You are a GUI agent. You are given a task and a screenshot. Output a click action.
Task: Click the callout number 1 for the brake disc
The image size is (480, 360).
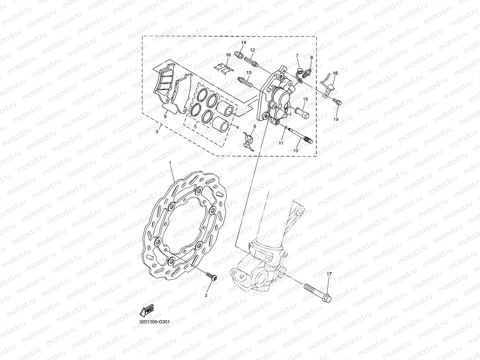pos(170,162)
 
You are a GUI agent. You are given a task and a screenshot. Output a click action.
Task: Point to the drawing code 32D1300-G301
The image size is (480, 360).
pos(154,322)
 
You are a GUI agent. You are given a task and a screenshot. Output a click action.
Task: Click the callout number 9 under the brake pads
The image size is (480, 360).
pos(166,116)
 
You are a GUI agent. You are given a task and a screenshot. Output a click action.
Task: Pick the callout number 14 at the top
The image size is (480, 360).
pos(243,43)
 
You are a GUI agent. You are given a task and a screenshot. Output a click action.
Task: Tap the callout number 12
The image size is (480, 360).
pos(252,50)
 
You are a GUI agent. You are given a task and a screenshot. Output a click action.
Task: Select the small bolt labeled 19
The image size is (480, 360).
pos(338,102)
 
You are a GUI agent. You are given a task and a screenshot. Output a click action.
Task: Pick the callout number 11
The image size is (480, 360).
pos(281,143)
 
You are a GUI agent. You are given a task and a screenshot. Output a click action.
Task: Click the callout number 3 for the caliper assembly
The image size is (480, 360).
pos(157,131)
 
